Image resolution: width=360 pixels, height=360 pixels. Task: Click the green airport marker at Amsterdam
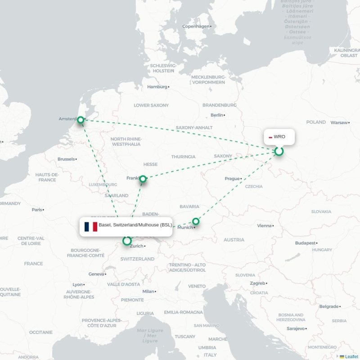[x=81, y=120]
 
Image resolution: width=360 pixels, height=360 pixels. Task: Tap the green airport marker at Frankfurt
[x=143, y=179]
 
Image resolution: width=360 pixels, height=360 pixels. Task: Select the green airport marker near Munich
[x=196, y=221]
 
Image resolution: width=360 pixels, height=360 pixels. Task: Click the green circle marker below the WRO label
[x=279, y=151]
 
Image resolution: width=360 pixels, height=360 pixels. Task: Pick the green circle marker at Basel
[x=127, y=241]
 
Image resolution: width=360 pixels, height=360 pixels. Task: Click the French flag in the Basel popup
[x=90, y=226]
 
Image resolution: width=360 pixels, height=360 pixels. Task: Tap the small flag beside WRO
[x=270, y=137]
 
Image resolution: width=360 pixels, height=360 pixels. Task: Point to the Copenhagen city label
[x=196, y=26]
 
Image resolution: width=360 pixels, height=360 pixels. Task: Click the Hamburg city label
[x=157, y=86]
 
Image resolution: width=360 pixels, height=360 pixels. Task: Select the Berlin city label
[x=217, y=115]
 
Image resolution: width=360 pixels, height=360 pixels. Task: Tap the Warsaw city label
[x=339, y=122]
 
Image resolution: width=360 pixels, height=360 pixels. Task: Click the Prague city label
[x=232, y=179]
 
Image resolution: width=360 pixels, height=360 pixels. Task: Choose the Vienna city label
[x=265, y=225]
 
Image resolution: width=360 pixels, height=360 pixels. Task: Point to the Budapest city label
[x=306, y=243]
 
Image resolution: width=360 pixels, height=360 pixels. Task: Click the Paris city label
[x=37, y=209]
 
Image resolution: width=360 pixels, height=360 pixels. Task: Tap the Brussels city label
[x=66, y=159]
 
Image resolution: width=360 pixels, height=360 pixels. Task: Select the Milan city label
[x=148, y=291]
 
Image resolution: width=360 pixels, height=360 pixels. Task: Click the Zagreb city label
[x=257, y=283]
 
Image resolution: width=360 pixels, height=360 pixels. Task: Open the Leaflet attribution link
[x=351, y=356]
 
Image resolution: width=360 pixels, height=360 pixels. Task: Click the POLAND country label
[x=316, y=122]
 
